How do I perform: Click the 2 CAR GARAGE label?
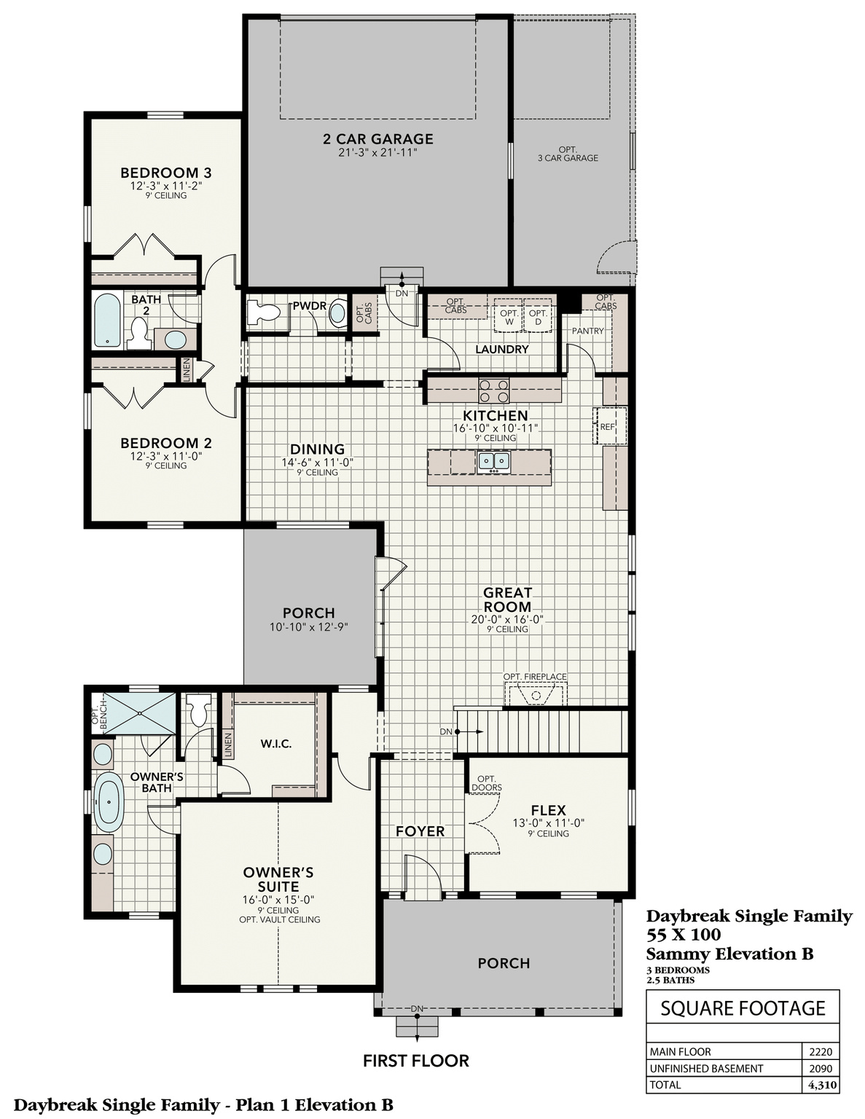377,138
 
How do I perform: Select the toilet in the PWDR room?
262,313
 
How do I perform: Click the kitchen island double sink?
493,461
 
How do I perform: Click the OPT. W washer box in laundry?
509,316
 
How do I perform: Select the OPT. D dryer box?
539,316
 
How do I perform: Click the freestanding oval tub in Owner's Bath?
109,802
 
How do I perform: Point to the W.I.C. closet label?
276,744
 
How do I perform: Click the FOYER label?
420,831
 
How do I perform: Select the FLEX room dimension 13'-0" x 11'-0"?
549,822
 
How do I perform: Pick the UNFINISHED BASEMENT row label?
706,1068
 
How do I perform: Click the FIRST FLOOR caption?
415,1061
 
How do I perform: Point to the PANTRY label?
587,331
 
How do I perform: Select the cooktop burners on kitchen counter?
493,391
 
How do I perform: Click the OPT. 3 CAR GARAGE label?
568,154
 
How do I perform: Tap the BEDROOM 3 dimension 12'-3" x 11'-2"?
165,186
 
